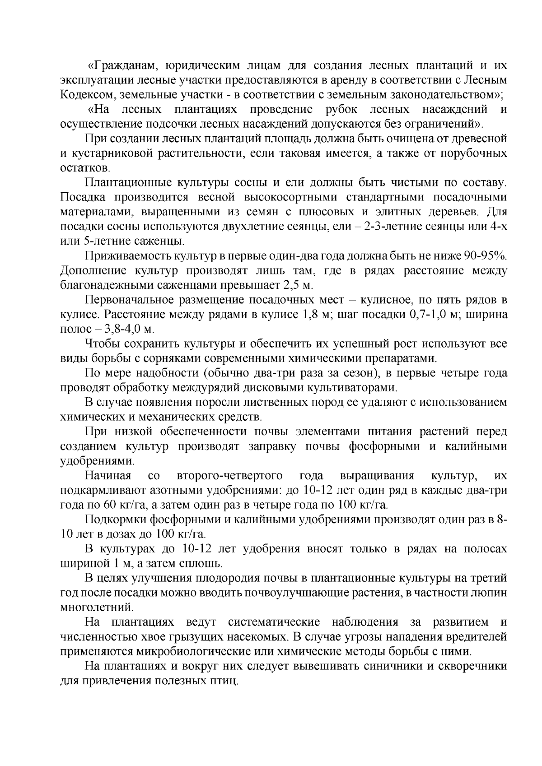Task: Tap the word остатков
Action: tap(84, 168)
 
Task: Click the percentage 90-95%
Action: tap(485, 256)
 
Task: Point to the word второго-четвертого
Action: tap(230, 476)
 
